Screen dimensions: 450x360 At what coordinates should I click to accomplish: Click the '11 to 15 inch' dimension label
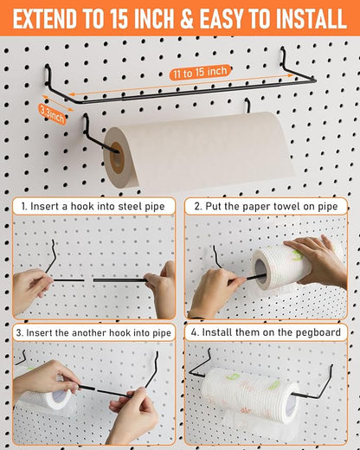[199, 71]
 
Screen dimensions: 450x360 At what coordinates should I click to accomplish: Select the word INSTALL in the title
[299, 17]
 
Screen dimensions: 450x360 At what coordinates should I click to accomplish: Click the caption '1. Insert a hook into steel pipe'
[93, 208]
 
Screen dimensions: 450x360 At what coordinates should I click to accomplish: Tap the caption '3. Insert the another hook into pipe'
[93, 332]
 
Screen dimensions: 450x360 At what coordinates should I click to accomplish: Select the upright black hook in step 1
[52, 258]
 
